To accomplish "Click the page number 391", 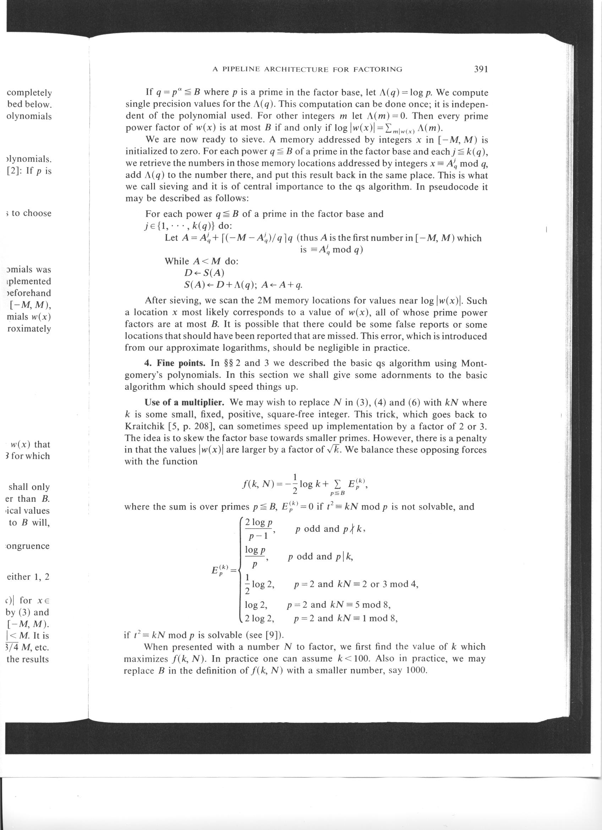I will pyautogui.click(x=481, y=69).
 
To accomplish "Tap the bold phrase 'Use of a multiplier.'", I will pyautogui.click(x=185, y=402).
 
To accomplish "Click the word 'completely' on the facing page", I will pyautogui.click(x=29, y=93).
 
